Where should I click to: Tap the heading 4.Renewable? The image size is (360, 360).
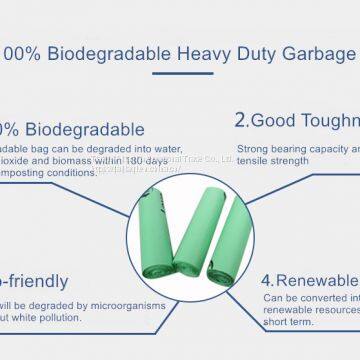pos(309,280)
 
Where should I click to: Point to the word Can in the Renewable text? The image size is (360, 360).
pos(273,297)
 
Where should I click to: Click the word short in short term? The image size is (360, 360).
pos(276,322)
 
